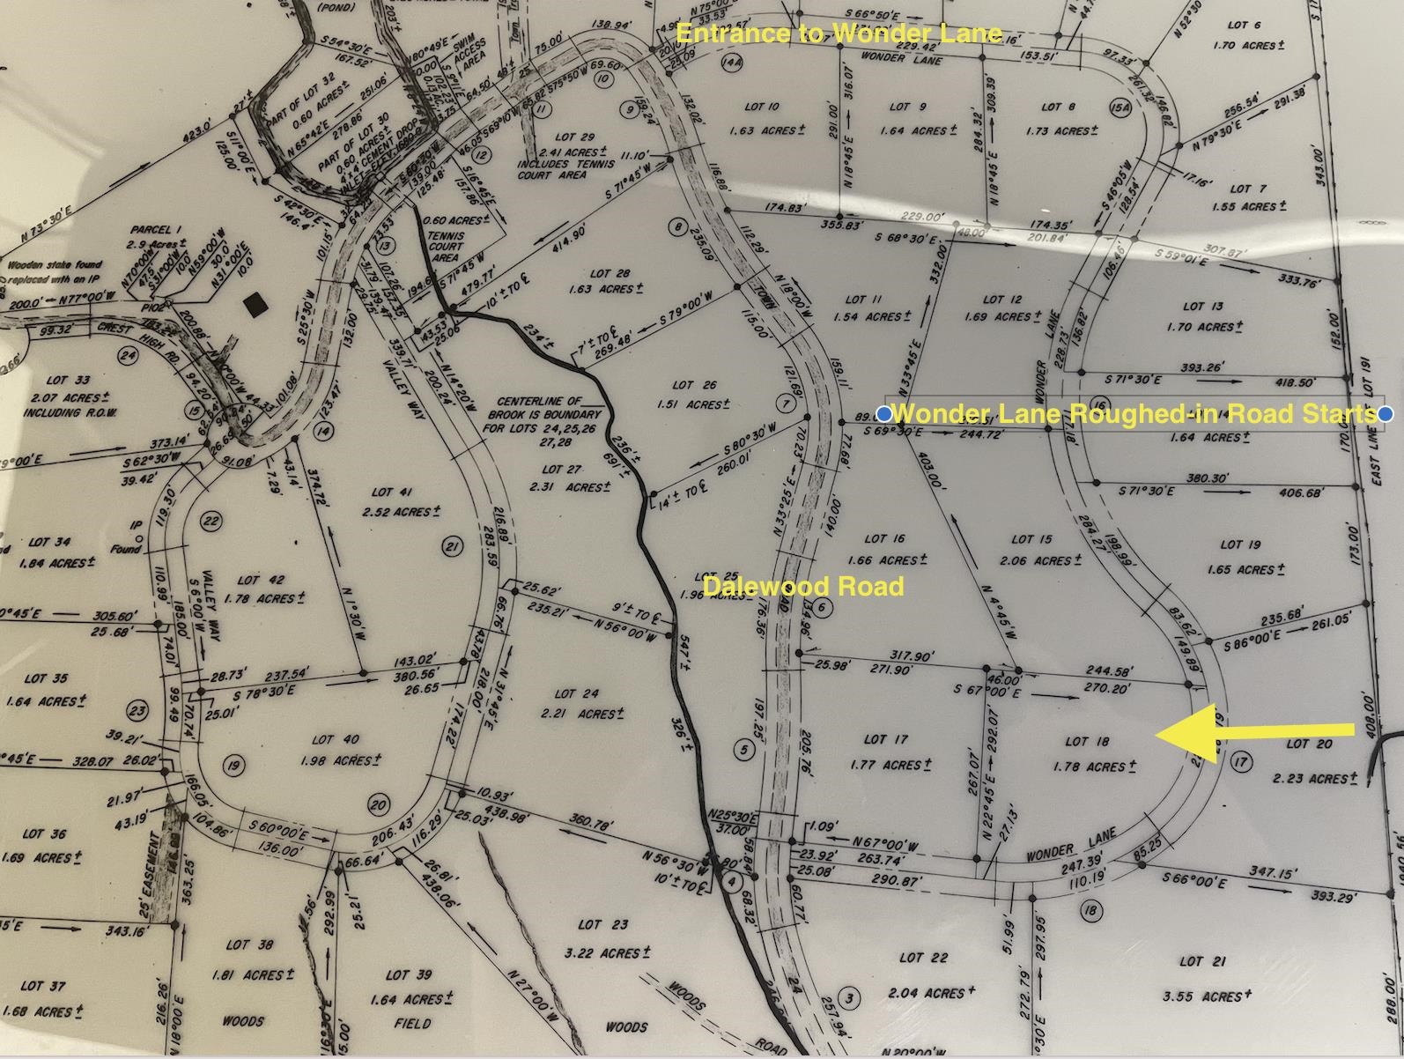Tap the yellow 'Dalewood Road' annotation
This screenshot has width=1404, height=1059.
803,587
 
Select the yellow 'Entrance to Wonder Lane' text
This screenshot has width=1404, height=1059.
839,33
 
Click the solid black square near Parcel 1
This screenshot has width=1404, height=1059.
255,305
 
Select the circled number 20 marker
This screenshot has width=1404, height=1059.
379,804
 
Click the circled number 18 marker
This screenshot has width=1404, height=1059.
1090,910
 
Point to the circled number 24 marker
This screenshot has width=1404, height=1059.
129,356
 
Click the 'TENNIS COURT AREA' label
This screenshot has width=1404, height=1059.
446,247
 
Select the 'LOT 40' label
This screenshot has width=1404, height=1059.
335,740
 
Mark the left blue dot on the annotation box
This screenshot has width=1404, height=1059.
884,413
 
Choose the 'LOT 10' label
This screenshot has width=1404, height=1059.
761,107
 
